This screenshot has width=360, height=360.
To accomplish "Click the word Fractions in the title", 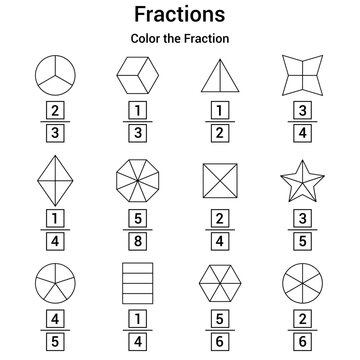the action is pos(180,16).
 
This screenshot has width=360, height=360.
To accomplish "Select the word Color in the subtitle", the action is pos(147,39).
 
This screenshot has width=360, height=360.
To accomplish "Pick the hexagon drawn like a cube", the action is pos(137,73).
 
